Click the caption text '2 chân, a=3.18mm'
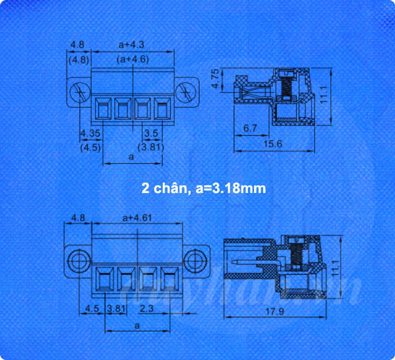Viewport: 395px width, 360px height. pyautogui.click(x=203, y=189)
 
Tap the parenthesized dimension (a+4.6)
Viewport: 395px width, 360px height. pyautogui.click(x=132, y=59)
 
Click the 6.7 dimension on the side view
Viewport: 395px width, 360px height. pyautogui.click(x=250, y=128)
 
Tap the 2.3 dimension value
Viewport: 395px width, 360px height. pyautogui.click(x=146, y=309)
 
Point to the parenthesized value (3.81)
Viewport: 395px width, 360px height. pyautogui.click(x=149, y=146)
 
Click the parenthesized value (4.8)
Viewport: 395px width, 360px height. pyautogui.click(x=79, y=59)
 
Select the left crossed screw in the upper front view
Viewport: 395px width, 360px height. pyautogui.click(x=79, y=93)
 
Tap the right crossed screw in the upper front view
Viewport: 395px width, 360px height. pyautogui.click(x=184, y=93)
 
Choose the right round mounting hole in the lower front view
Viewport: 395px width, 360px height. pyautogui.click(x=195, y=261)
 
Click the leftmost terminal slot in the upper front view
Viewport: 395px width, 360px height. pyautogui.click(x=102, y=110)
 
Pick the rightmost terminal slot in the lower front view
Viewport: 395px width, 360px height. pyautogui.click(x=170, y=280)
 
